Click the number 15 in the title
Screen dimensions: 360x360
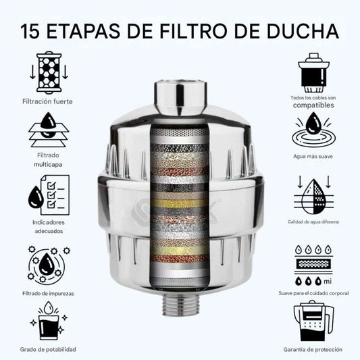(30, 31)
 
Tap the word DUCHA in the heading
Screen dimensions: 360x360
(303, 31)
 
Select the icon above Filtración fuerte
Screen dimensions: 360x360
(49, 72)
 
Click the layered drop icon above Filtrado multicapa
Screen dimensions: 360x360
(49, 130)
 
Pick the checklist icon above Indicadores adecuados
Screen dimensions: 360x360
(49, 195)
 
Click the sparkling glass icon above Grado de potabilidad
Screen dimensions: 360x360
(49, 321)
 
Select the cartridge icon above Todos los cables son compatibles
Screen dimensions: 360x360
(313, 73)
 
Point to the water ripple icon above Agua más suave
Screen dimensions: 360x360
(313, 131)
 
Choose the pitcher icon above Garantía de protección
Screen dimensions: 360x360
(313, 321)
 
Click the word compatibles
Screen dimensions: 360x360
(313, 105)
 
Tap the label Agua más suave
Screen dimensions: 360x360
(313, 156)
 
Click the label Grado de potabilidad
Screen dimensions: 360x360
(48, 350)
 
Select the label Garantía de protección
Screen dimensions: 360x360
(313, 350)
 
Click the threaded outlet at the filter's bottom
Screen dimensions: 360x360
(180, 304)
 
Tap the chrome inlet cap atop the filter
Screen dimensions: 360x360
(180, 97)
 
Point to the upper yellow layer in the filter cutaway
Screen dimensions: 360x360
(180, 204)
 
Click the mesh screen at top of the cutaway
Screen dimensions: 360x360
(180, 132)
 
